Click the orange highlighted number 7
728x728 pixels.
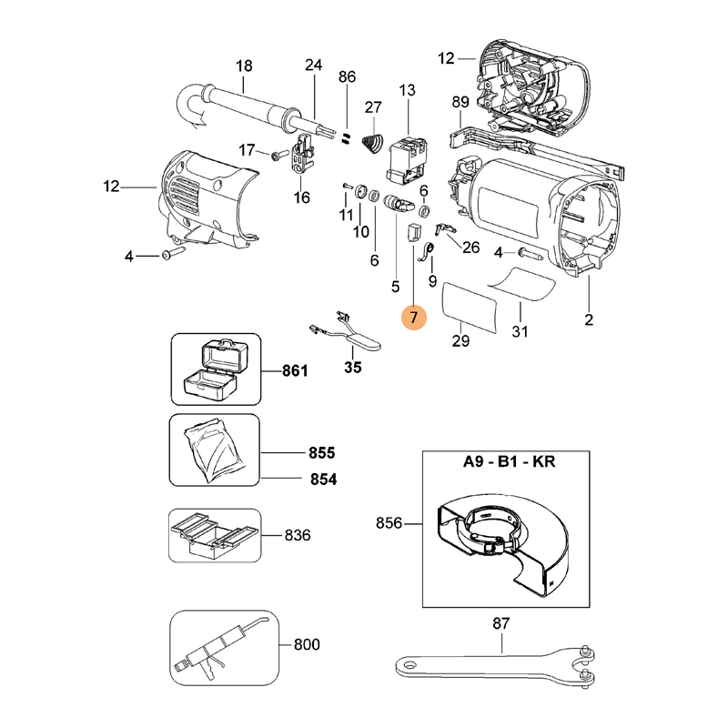click(414, 318)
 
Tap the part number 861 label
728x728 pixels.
click(295, 371)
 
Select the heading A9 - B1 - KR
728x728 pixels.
click(509, 462)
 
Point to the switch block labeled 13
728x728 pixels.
click(407, 160)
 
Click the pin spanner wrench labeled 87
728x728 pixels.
click(495, 666)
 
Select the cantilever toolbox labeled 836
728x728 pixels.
click(215, 535)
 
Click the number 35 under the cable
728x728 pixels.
click(353, 368)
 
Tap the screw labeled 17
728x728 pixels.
click(280, 154)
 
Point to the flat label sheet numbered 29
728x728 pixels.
click(469, 308)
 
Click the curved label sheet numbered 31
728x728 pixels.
click(521, 284)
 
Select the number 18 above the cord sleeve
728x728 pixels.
click(244, 66)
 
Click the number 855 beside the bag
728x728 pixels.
click(322, 452)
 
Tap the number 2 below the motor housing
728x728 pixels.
click(589, 320)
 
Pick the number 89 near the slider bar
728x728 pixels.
click(460, 102)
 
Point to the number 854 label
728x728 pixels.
click(324, 480)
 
